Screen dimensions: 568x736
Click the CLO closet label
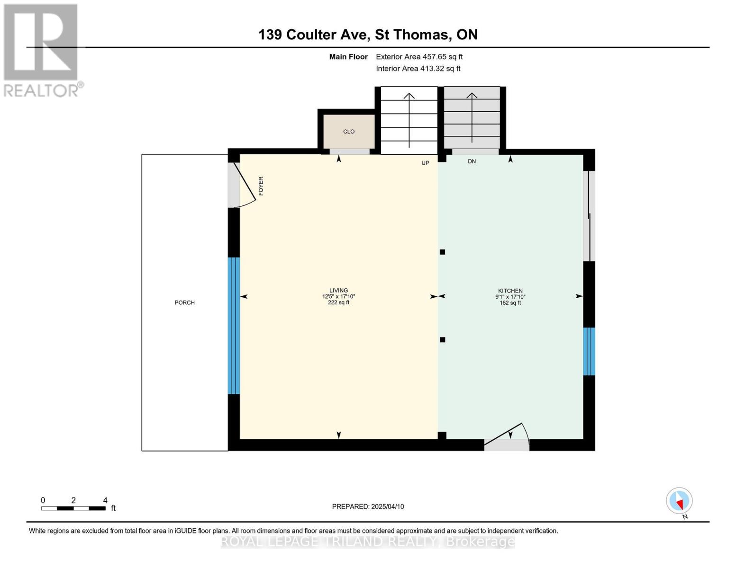tap(349, 132)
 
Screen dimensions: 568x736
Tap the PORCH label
tap(184, 302)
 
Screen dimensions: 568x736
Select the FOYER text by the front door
tap(261, 186)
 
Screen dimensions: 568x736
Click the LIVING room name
tap(338, 290)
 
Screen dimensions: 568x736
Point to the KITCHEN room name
tap(510, 291)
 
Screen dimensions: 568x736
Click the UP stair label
tap(425, 163)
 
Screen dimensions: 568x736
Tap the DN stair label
tap(472, 161)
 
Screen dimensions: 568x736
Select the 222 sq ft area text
tap(338, 303)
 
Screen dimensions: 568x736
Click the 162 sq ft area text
tap(510, 303)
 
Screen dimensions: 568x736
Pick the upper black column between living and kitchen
tap(442, 252)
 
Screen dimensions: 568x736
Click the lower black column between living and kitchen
tap(442, 340)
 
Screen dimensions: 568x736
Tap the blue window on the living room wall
tap(234, 326)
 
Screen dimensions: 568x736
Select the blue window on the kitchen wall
tap(589, 351)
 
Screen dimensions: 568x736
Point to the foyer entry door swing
tap(244, 187)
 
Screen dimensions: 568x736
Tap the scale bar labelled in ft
tap(73, 508)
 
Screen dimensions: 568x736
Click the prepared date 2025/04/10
tap(368, 506)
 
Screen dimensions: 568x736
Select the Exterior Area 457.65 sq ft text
tap(419, 57)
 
